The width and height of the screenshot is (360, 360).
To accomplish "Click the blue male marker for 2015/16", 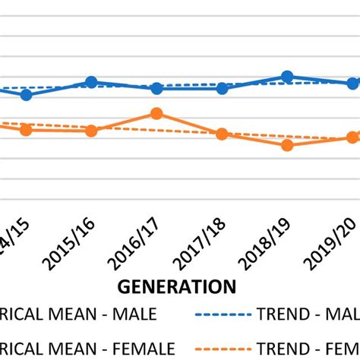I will [x=91, y=82].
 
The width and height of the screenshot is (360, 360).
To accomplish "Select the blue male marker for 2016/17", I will [x=156, y=88].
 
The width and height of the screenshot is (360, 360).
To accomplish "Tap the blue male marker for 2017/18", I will [x=222, y=88].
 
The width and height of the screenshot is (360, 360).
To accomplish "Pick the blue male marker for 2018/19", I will [x=287, y=76].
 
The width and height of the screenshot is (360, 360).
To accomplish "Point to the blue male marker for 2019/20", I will [x=352, y=83].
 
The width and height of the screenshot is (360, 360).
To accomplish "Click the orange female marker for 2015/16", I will [x=91, y=131].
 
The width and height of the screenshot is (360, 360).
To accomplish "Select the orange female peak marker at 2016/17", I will [x=156, y=113].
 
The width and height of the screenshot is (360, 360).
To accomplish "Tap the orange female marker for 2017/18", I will [x=222, y=134].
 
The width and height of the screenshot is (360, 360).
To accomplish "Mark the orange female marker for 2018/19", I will [x=287, y=144].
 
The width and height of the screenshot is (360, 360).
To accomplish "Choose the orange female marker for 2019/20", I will [x=352, y=137].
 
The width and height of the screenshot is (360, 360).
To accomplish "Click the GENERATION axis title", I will [x=176, y=286].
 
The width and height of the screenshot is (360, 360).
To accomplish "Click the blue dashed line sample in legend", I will [x=223, y=313].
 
